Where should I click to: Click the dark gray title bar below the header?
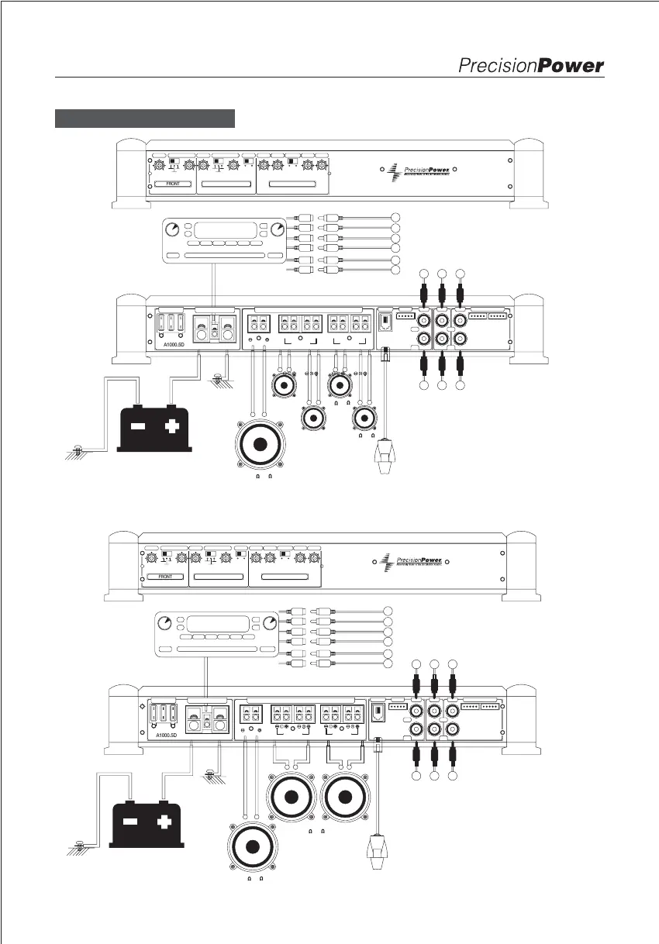point(145,118)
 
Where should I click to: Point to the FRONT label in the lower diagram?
point(164,577)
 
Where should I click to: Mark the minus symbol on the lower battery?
point(130,819)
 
